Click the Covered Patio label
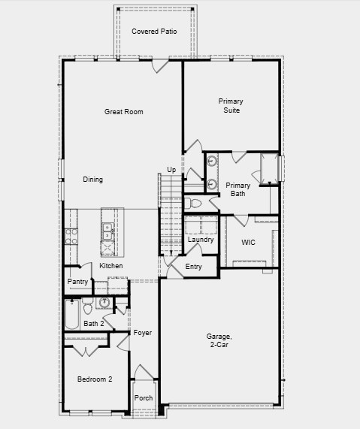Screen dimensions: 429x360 click(x=153, y=32)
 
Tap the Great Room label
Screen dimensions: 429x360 click(x=123, y=112)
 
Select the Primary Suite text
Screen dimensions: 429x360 click(x=231, y=105)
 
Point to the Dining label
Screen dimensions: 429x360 click(x=92, y=180)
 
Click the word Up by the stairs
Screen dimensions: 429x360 click(x=171, y=170)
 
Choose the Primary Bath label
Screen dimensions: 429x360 click(x=237, y=189)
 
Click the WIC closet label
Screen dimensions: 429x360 click(x=248, y=243)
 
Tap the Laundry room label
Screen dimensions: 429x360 click(x=201, y=240)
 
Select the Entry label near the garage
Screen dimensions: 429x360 click(x=193, y=267)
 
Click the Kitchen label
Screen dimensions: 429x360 click(x=111, y=266)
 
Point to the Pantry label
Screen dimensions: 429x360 click(x=78, y=282)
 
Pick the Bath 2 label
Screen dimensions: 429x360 click(x=93, y=324)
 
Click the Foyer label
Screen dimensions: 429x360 click(x=143, y=333)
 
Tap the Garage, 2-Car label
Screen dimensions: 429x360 click(x=219, y=340)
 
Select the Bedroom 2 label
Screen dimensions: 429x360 click(x=95, y=379)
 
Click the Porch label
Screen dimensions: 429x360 click(x=144, y=398)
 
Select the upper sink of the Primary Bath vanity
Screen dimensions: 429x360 click(x=212, y=161)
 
